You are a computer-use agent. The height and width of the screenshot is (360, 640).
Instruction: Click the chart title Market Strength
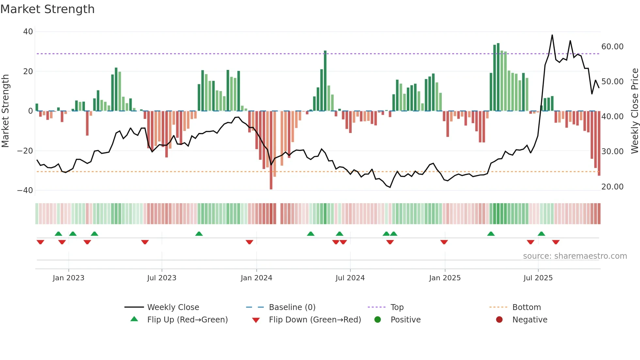(47, 9)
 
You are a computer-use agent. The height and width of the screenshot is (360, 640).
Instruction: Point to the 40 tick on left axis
(28, 32)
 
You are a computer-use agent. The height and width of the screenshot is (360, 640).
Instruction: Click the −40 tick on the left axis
(25, 190)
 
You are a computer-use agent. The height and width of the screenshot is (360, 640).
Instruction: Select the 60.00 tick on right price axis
(612, 47)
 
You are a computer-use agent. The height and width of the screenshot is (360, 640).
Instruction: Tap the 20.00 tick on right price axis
(612, 187)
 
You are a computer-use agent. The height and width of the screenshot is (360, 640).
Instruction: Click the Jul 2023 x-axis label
(162, 278)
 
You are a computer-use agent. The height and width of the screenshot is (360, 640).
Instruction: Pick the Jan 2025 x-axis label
(445, 278)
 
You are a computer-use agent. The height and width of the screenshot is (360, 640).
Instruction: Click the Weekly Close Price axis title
(634, 111)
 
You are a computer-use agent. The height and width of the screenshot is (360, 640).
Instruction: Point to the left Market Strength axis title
(6, 111)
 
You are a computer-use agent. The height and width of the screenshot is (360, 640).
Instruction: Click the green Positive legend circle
(378, 320)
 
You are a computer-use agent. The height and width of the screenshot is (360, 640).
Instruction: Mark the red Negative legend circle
(499, 320)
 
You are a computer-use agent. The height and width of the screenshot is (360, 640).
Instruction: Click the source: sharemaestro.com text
(575, 256)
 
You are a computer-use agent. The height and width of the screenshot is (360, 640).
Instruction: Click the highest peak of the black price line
(552, 35)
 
